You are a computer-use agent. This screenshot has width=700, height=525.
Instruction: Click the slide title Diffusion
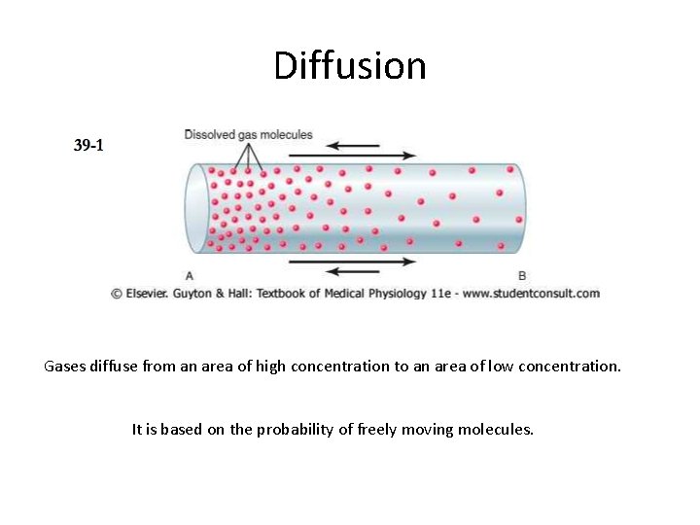[x=350, y=66]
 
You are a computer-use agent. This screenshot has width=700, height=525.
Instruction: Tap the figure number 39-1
[x=88, y=146]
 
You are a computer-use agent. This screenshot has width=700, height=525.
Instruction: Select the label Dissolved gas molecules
[x=248, y=134]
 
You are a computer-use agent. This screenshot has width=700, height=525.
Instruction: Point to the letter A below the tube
[x=189, y=276]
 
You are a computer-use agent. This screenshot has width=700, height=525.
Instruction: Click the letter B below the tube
[x=522, y=276]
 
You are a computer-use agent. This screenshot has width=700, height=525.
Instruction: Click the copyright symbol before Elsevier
[x=116, y=294]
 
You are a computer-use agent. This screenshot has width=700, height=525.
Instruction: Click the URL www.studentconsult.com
[x=532, y=294]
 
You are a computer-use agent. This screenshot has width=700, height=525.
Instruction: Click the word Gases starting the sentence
[x=64, y=367]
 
